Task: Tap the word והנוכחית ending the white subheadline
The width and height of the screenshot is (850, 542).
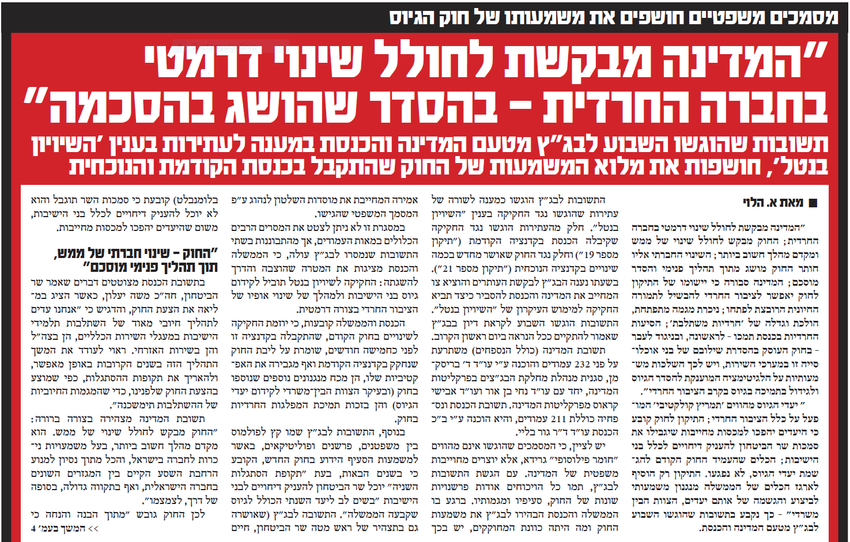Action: (112, 167)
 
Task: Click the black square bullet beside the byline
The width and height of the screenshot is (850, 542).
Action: (814, 203)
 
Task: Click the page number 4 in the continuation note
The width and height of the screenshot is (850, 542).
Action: (34, 528)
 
